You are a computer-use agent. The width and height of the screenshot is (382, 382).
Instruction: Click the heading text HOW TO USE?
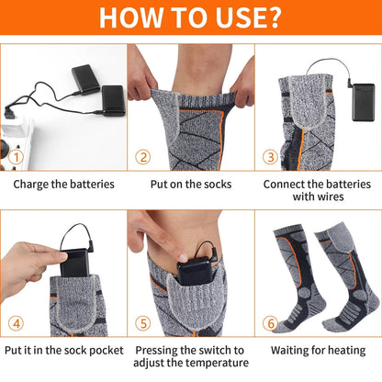pyautogui.click(x=190, y=18)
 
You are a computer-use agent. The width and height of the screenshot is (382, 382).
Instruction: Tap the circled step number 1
pyautogui.click(x=16, y=157)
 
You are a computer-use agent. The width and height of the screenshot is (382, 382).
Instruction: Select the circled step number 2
pyautogui.click(x=143, y=157)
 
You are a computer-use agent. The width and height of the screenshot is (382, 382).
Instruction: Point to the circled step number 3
pyautogui.click(x=270, y=157)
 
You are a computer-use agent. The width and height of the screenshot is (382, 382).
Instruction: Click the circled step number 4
pyautogui.click(x=16, y=322)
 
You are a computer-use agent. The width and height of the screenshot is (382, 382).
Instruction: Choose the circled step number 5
pyautogui.click(x=143, y=322)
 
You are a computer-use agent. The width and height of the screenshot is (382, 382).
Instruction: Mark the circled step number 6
pyautogui.click(x=270, y=322)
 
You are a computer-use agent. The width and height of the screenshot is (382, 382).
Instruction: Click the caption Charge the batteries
pyautogui.click(x=63, y=184)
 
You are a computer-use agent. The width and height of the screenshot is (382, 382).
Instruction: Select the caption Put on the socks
pyautogui.click(x=190, y=184)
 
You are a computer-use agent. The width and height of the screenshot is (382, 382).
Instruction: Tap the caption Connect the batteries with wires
pyautogui.click(x=318, y=190)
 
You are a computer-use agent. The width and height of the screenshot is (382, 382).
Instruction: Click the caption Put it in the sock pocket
pyautogui.click(x=63, y=350)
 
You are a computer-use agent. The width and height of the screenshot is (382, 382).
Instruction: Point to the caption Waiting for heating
pyautogui.click(x=318, y=350)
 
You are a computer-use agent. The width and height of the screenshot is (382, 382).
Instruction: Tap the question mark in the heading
pyautogui.click(x=273, y=18)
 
